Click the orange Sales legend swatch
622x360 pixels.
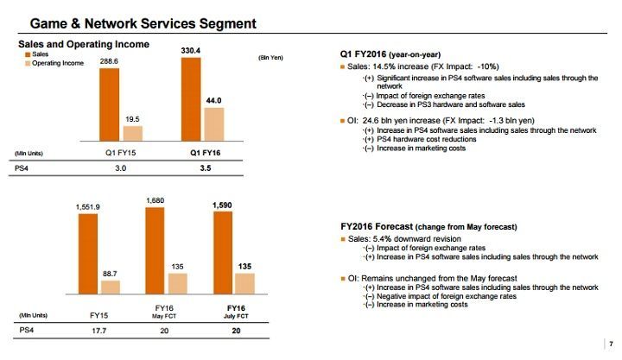(25, 54)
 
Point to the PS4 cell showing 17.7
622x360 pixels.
(98, 330)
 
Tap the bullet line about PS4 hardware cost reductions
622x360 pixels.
(407, 139)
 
